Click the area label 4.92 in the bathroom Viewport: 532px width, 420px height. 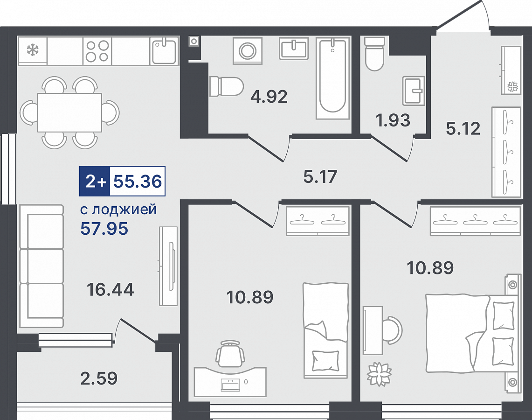pyautogui.click(x=269, y=97)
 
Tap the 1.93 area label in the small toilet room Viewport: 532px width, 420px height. pyautogui.click(x=393, y=120)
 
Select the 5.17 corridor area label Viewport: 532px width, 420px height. pyautogui.click(x=320, y=176)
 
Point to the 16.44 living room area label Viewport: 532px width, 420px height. pyautogui.click(x=110, y=289)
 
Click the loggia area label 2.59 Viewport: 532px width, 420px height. pyautogui.click(x=99, y=378)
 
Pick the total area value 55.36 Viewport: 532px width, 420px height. pyautogui.click(x=138, y=181)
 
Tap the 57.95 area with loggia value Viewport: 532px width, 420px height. pyautogui.click(x=104, y=229)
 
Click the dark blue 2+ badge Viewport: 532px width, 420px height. pyautogui.click(x=95, y=182)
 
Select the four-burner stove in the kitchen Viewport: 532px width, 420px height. pyautogui.click(x=97, y=51)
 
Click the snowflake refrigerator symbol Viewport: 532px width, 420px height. pyautogui.click(x=33, y=50)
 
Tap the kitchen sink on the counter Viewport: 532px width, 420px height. pyautogui.click(x=164, y=51)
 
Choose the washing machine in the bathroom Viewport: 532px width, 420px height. pyautogui.click(x=248, y=51)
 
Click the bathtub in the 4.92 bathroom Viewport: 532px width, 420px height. pyautogui.click(x=332, y=78)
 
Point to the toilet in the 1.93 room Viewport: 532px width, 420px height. pyautogui.click(x=374, y=54)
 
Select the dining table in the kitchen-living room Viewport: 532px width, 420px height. pyautogui.click(x=69, y=112)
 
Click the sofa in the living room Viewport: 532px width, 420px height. pyautogui.click(x=41, y=266)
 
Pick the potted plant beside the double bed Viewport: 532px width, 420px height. pyautogui.click(x=379, y=374)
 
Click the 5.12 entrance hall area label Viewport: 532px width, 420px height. pyautogui.click(x=463, y=128)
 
